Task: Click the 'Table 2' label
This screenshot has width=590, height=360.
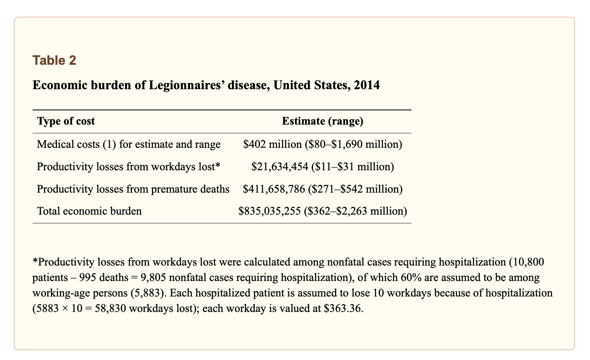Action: [x=54, y=60]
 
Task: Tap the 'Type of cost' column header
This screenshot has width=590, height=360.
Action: [x=66, y=121]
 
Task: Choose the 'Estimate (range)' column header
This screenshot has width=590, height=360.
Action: [x=323, y=121]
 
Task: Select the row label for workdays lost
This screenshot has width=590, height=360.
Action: [x=128, y=167]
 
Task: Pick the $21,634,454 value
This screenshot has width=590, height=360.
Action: [x=280, y=167]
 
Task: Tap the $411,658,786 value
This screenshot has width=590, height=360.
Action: [x=274, y=189]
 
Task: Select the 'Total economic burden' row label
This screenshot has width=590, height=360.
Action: [x=89, y=211]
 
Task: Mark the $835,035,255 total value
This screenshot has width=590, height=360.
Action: [x=269, y=211]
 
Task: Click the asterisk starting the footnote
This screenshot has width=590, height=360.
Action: [x=35, y=261]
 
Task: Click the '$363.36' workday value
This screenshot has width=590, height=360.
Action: [x=343, y=308]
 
